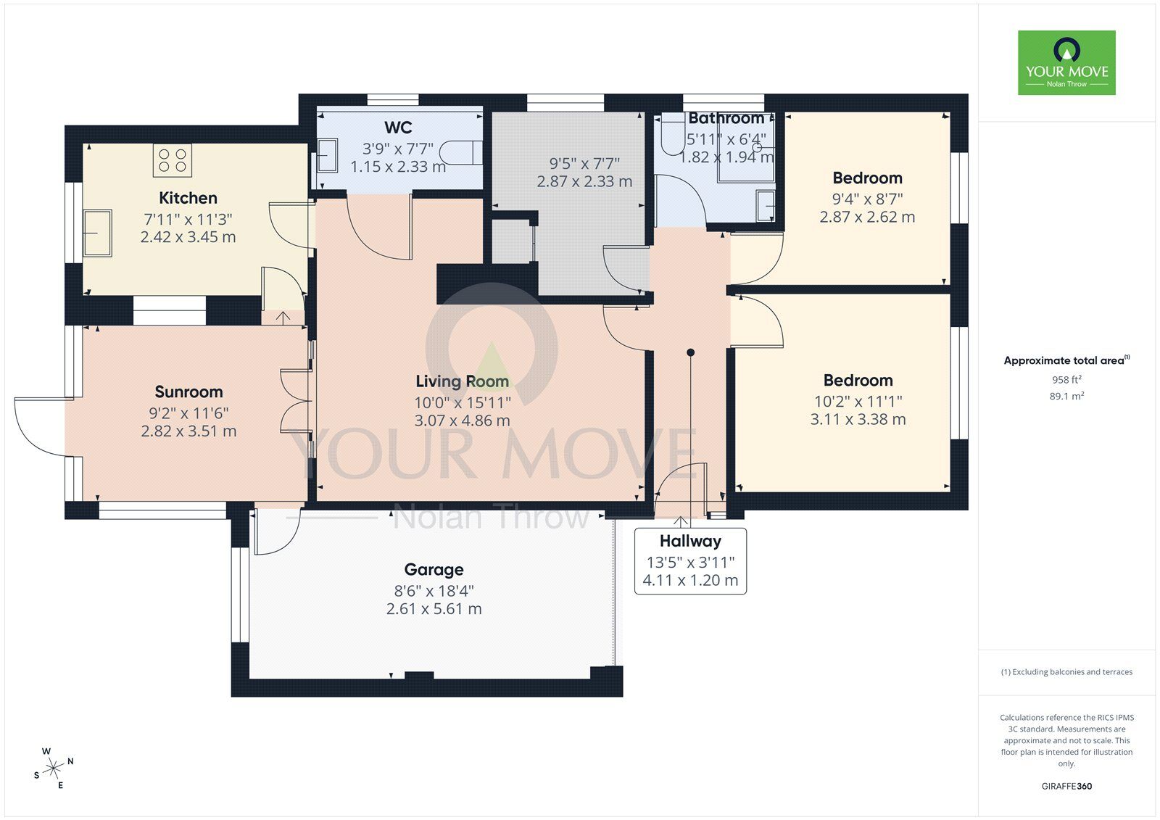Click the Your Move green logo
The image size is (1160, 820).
pos(1066,62)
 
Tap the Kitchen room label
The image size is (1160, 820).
pos(188,198)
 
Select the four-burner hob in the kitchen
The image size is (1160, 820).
pos(173,161)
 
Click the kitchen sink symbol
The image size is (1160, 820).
pos(97,233)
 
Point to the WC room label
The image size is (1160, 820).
pos(398,128)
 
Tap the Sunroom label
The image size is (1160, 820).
pos(188,392)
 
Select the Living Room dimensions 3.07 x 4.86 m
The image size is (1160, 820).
pos(462,421)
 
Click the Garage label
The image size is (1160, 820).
pos(434,570)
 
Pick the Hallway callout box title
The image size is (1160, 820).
pos(690,541)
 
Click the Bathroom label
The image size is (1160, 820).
pos(726,118)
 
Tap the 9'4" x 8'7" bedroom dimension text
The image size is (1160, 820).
pos(867,199)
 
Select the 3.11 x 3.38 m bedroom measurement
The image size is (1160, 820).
pos(858,419)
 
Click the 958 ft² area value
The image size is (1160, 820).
pos(1066,379)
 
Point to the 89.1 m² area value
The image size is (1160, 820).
pos(1066,396)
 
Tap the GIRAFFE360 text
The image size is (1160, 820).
pos(1066,786)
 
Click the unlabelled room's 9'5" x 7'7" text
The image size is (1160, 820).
pos(584,164)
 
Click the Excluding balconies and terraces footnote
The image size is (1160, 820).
pos(1066,672)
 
